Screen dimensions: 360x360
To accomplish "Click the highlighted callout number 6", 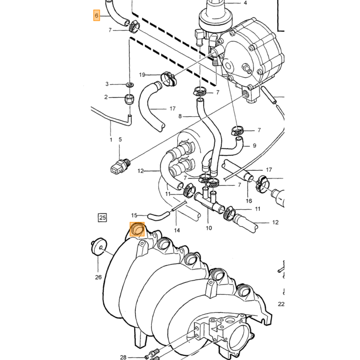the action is pos(97,15).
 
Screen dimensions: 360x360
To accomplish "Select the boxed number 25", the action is pos(102,218).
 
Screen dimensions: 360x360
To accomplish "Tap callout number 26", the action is pos(98,277).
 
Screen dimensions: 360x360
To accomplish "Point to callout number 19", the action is pos(142,75).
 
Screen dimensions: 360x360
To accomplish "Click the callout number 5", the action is pos(120,139).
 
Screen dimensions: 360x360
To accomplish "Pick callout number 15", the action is pos(134,215).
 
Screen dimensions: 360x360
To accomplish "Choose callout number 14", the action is pos(177,230).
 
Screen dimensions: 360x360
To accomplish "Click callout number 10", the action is pos(209,228).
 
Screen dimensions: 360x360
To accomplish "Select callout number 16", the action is pos(249,201).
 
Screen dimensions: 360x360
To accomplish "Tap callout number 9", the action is pos(255,146).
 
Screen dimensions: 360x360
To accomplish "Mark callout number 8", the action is pos(180,116).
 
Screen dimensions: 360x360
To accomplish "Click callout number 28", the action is pos(123,357).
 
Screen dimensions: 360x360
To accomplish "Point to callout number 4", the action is pos(245,3).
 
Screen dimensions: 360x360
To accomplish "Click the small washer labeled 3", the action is pos(130,85).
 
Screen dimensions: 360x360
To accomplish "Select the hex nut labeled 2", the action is pos(129,99).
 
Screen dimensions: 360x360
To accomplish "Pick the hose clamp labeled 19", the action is pos(169,79).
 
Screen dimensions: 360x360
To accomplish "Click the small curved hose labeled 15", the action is pos(159,215).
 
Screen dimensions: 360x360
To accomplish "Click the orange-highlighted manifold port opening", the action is pos(137,229).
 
